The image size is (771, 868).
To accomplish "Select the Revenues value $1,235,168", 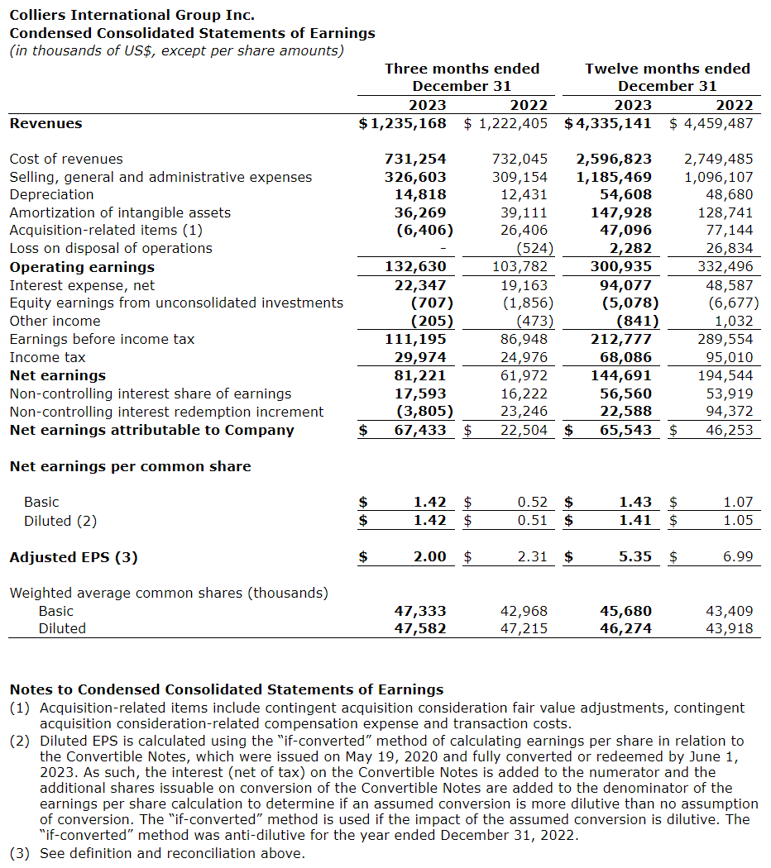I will (x=402, y=123).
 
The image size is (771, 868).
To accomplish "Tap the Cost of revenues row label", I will (x=66, y=159).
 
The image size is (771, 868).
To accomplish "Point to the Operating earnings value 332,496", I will (x=727, y=267).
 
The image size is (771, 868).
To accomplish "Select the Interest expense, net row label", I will (x=82, y=285).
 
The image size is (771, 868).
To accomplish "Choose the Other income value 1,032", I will (x=734, y=321).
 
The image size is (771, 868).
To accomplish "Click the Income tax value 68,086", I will (x=625, y=357).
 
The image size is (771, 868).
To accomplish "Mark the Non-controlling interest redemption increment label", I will (x=166, y=412).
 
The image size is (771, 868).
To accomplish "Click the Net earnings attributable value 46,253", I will (x=730, y=430).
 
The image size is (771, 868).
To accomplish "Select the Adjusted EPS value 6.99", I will (x=738, y=557).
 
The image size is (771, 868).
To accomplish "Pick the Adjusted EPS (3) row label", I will (x=74, y=557).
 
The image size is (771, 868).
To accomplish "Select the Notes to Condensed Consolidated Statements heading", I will (x=226, y=689).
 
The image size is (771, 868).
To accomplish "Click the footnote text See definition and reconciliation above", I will (x=172, y=853).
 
